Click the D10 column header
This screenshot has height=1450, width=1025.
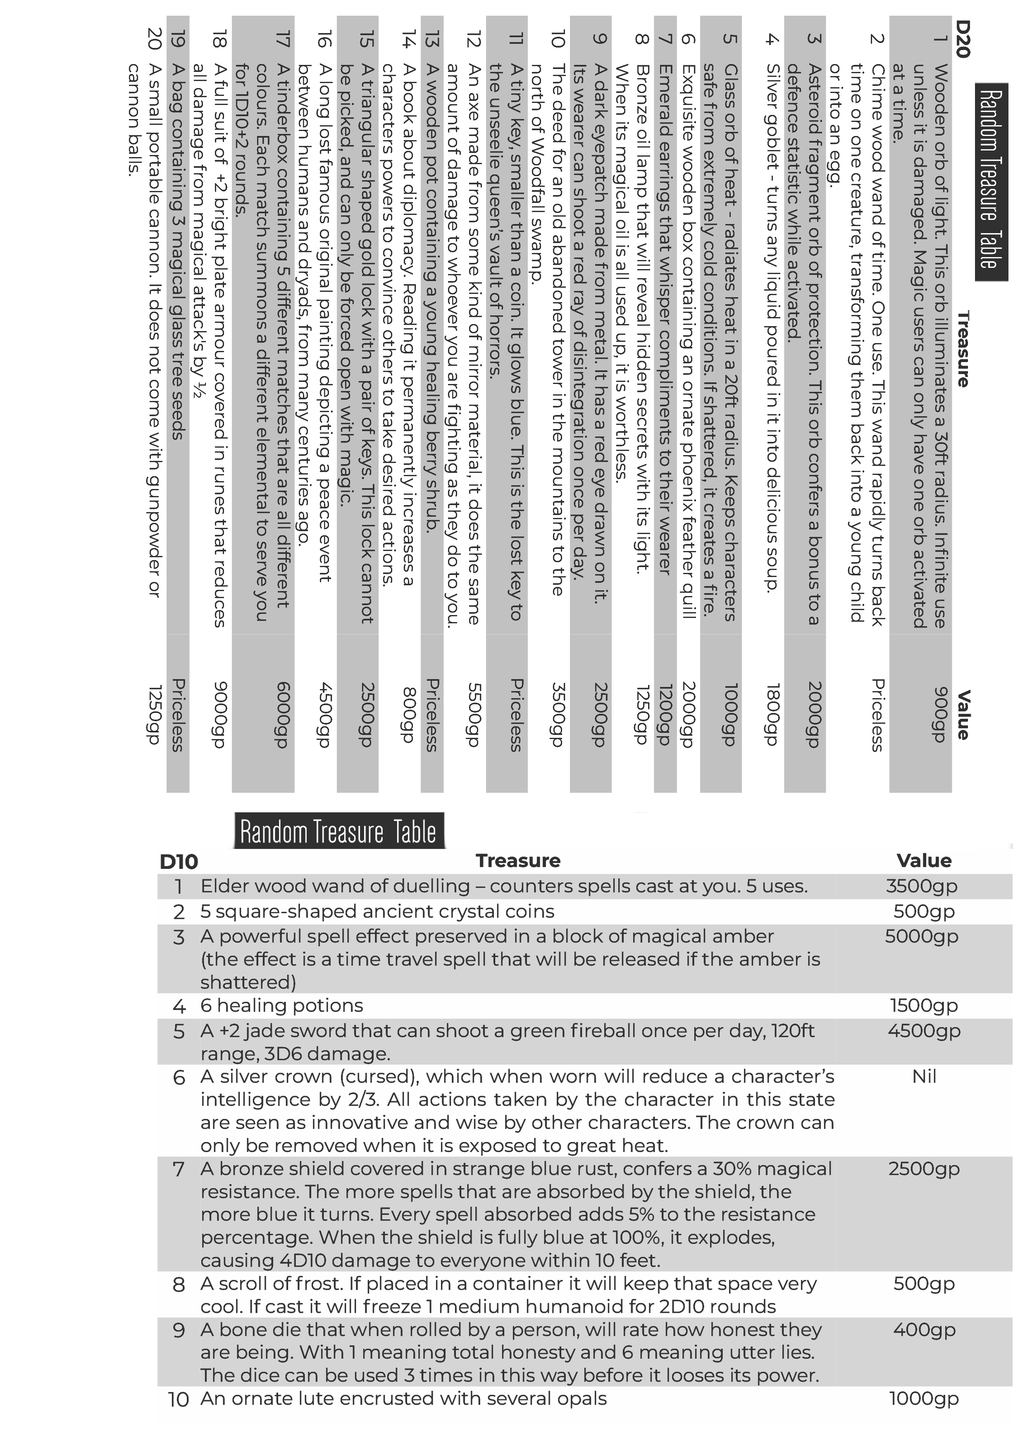click(179, 861)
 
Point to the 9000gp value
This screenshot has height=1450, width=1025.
click(220, 715)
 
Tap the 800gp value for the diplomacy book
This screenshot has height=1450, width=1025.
click(409, 715)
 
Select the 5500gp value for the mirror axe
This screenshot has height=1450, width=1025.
click(474, 715)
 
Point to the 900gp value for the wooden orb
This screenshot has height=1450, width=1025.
click(940, 715)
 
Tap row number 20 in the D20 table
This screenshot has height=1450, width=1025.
click(155, 39)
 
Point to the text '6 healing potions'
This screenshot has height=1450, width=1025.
click(282, 1005)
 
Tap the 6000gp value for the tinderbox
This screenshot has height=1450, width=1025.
click(284, 715)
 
